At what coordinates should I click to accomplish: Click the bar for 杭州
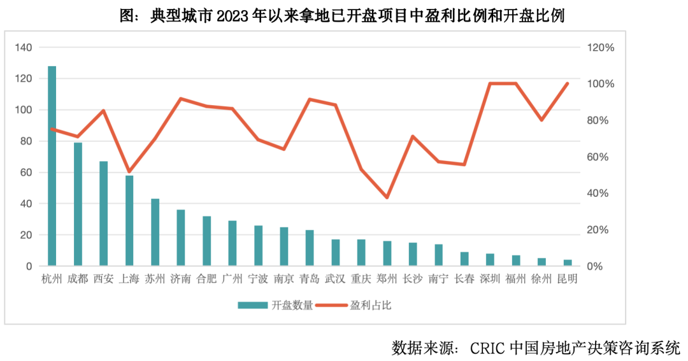52,166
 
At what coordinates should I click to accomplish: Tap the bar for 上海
129,220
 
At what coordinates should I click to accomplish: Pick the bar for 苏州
155,232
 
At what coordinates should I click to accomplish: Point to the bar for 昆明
568,262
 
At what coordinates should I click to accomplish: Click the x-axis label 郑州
387,279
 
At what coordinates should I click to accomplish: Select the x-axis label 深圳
490,279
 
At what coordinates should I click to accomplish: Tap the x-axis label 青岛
310,279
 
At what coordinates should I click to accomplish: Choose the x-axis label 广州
233,279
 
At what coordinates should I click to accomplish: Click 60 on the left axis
25,173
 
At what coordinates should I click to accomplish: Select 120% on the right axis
601,48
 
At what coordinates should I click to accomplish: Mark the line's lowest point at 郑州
387,197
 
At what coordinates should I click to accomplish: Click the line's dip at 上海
129,172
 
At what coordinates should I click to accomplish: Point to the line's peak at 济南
181,99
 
